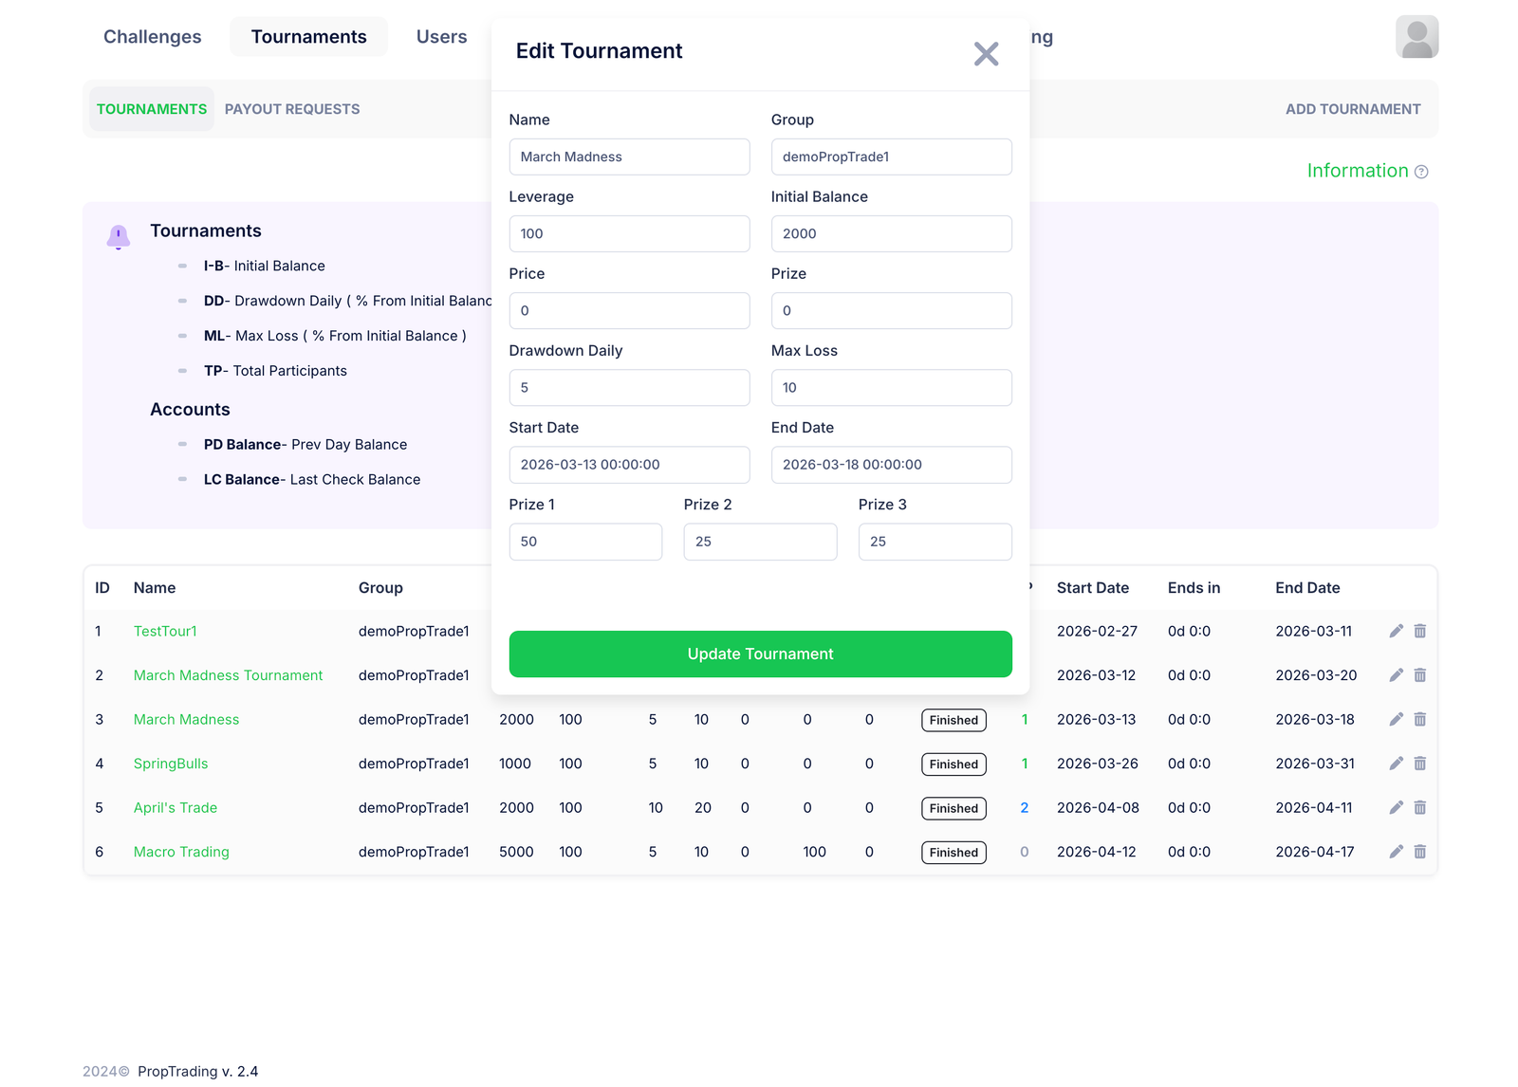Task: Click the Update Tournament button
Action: (x=760, y=654)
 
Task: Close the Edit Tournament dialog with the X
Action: (x=986, y=54)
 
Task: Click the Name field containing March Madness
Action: (x=629, y=157)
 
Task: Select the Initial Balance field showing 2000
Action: (x=891, y=233)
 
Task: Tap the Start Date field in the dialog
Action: (x=629, y=465)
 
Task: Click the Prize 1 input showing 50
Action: (x=585, y=542)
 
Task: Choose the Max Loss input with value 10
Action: (x=891, y=387)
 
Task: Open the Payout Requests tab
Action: (x=292, y=109)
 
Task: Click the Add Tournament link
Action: (x=1352, y=109)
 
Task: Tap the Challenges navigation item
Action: (x=153, y=37)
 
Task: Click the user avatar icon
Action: (x=1416, y=37)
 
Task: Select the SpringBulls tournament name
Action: (x=171, y=764)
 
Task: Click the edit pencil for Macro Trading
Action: (x=1396, y=852)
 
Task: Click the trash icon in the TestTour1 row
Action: (x=1420, y=631)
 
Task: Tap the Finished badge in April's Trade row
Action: (x=953, y=808)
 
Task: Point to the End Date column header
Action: (x=1307, y=588)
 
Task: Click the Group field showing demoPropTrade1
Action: (x=891, y=157)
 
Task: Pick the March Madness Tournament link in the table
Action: (x=228, y=675)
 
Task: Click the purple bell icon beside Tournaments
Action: (x=119, y=236)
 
